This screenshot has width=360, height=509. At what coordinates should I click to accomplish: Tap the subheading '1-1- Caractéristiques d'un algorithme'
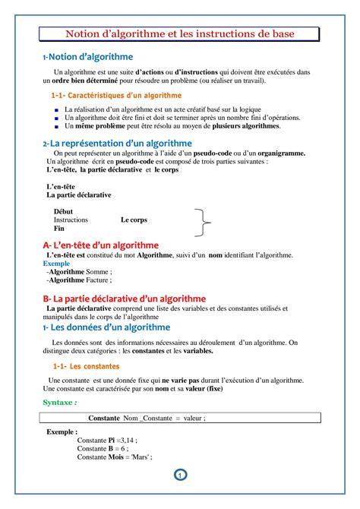point(116,96)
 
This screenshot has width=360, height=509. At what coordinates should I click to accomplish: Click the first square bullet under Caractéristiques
point(56,110)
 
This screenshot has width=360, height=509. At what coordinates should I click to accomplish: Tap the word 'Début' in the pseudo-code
point(65,210)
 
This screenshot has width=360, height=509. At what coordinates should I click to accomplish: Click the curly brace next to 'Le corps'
point(203,222)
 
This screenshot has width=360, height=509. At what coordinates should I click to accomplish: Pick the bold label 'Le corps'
point(134,220)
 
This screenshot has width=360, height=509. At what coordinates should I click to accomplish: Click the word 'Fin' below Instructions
point(58,229)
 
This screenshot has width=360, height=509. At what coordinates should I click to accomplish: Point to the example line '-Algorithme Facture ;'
point(79,280)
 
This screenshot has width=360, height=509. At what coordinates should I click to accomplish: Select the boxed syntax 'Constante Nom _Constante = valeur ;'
point(147,418)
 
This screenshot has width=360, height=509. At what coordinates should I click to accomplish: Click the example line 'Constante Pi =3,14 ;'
point(106,440)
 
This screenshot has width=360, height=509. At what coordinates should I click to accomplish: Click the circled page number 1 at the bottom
point(180,476)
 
